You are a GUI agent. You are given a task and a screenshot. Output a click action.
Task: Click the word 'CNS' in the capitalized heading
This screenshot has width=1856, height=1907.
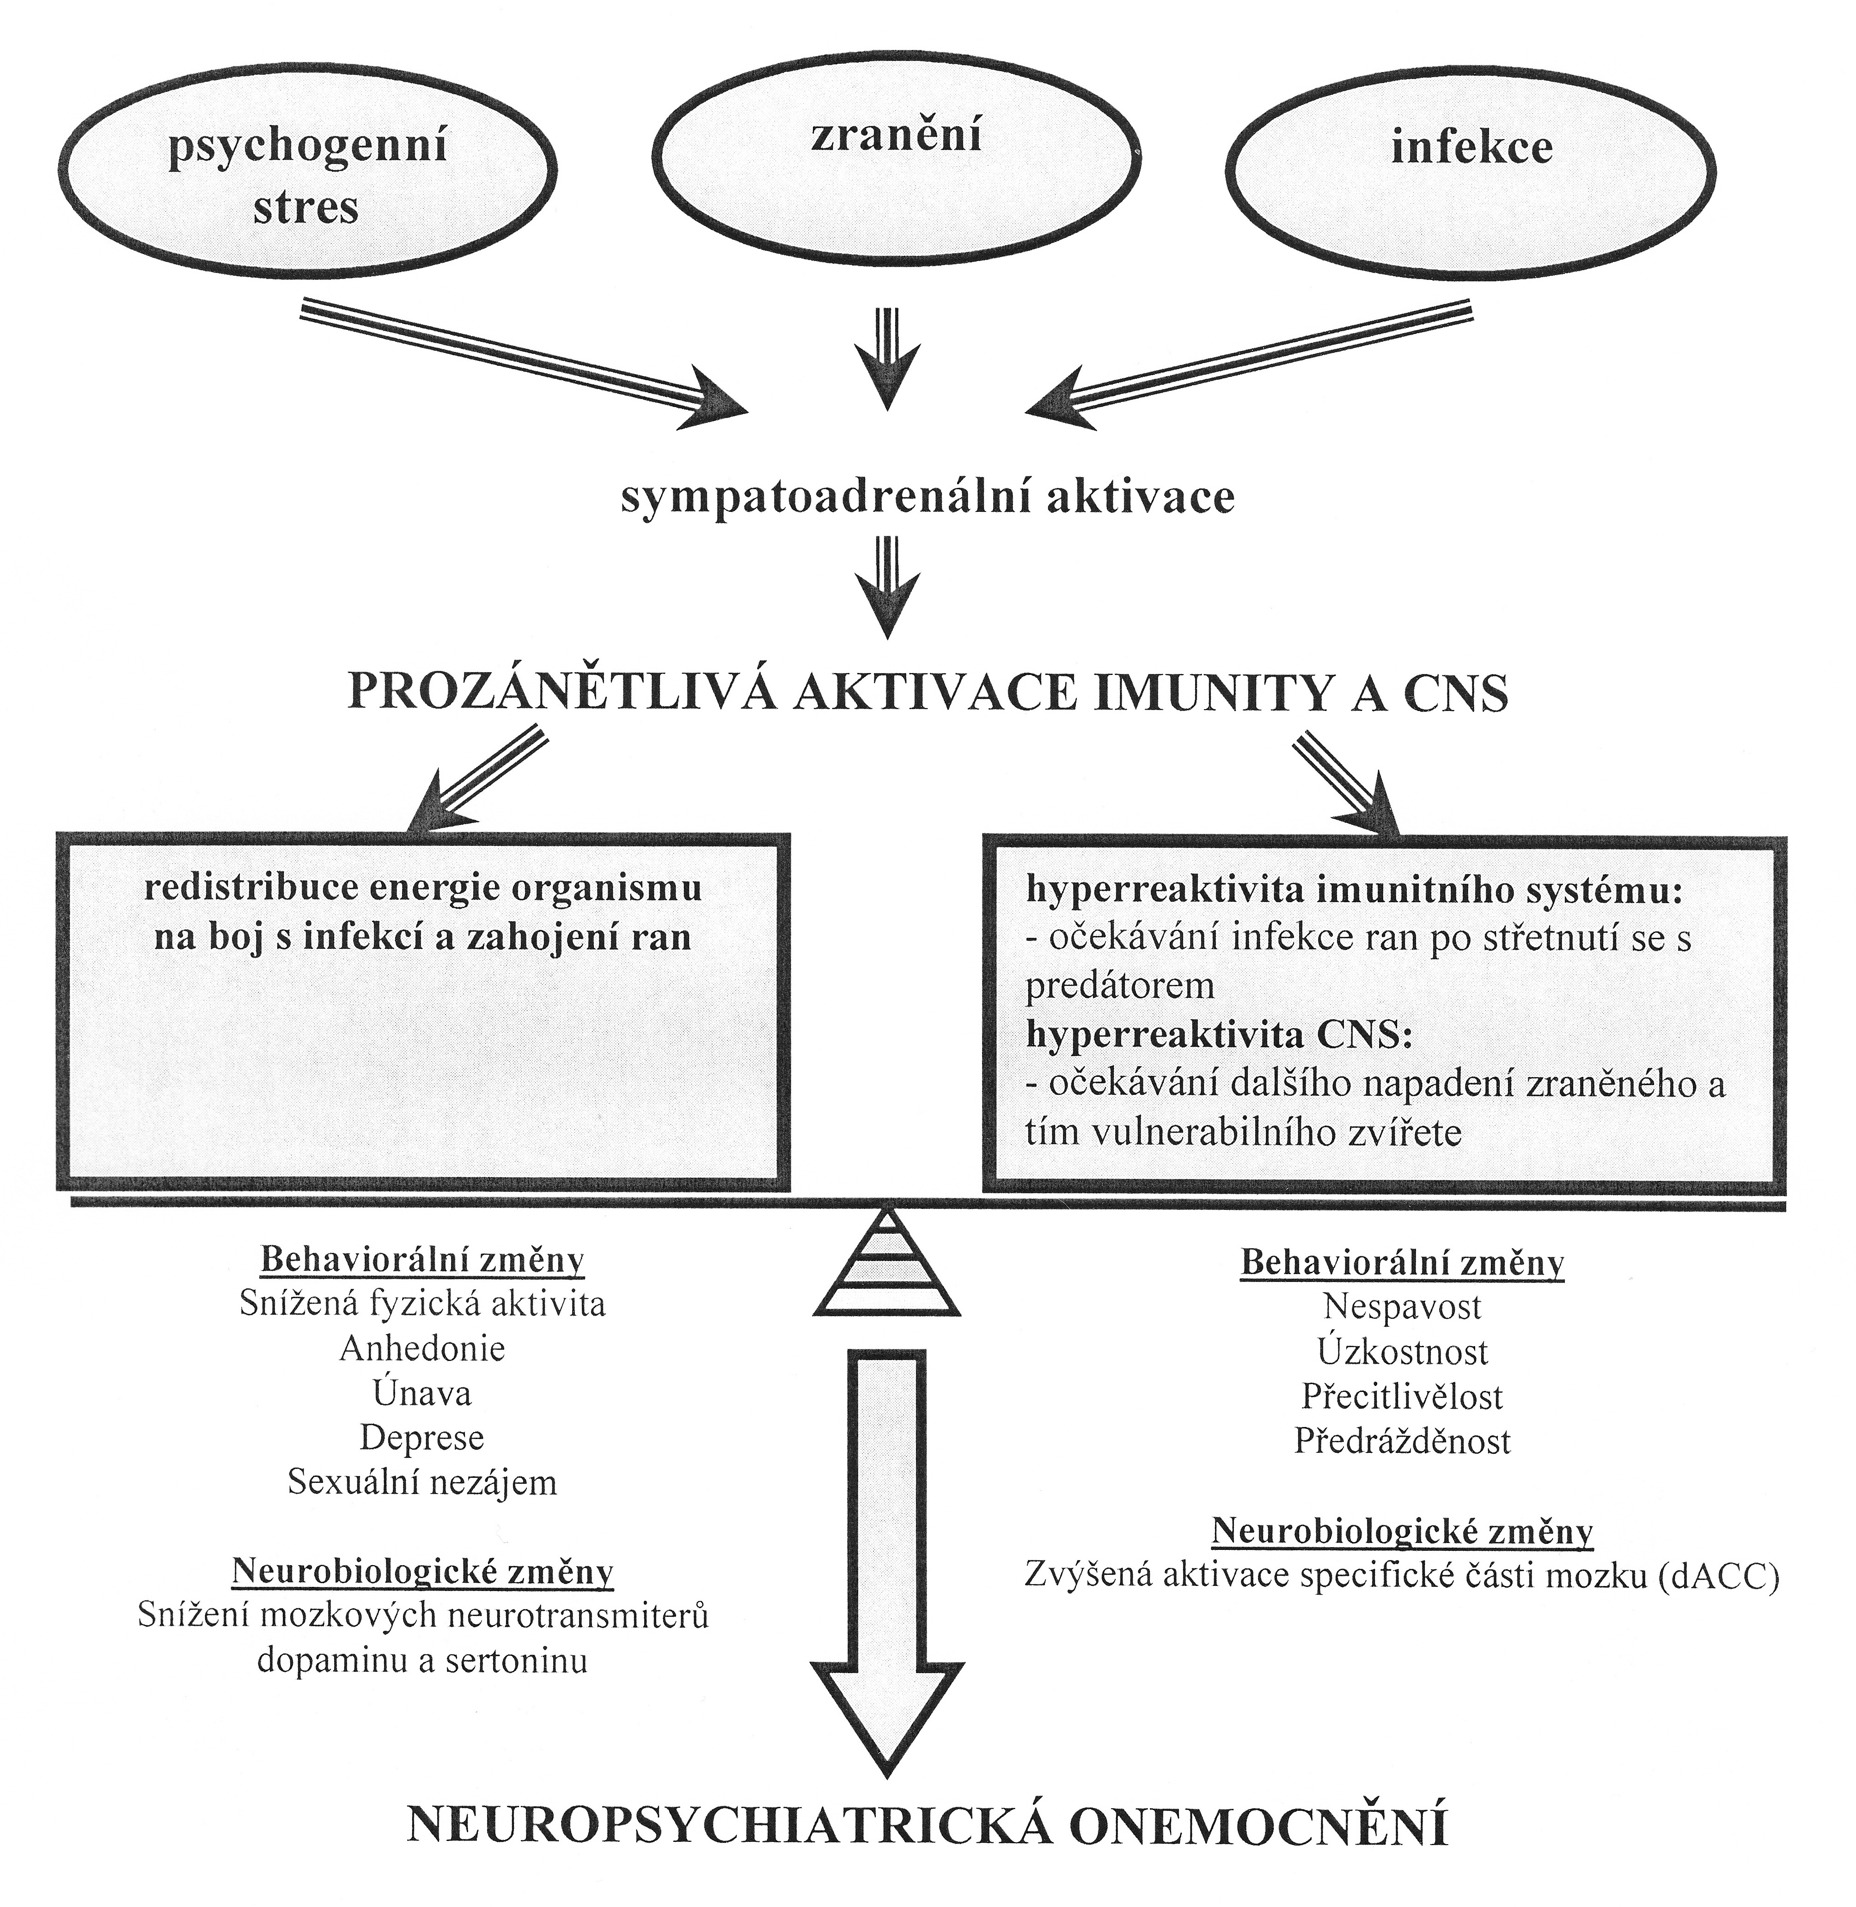pos(1455,693)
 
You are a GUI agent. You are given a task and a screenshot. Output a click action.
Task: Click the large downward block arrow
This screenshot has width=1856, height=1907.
pos(887,1549)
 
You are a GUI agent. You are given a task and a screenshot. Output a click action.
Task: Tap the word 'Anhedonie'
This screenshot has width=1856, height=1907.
pos(422,1348)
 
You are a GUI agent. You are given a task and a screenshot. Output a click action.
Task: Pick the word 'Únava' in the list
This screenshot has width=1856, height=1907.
pos(422,1393)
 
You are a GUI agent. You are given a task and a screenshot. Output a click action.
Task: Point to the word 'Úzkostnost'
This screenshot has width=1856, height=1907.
pos(1402,1352)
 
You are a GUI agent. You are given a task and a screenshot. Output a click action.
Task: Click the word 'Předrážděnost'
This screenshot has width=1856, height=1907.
pos(1402,1441)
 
